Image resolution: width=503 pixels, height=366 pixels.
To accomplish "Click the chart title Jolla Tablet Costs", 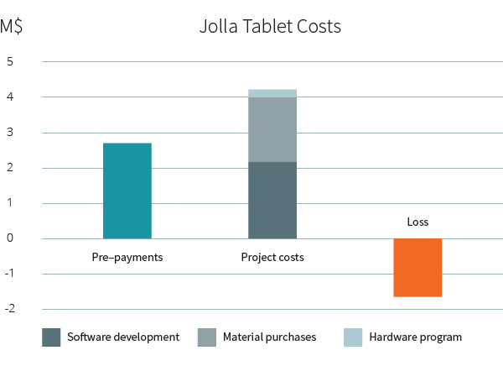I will pyautogui.click(x=270, y=26).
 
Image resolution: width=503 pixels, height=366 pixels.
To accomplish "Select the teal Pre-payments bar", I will pyautogui.click(x=127, y=191).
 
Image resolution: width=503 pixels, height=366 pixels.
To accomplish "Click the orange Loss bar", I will pyautogui.click(x=417, y=268).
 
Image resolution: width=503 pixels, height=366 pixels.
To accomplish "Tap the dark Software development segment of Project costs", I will pyautogui.click(x=272, y=200).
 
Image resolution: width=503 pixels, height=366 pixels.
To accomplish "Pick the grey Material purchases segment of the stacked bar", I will pyautogui.click(x=272, y=129).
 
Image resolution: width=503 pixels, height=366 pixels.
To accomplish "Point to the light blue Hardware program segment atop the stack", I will pyautogui.click(x=272, y=93).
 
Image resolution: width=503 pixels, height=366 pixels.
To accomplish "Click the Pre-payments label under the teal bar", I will pyautogui.click(x=127, y=258).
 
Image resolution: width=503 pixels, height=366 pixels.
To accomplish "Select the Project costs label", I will pyautogui.click(x=272, y=258).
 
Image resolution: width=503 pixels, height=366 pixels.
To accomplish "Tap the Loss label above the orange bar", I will pyautogui.click(x=417, y=222).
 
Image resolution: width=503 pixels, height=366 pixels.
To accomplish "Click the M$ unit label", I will pyautogui.click(x=12, y=26).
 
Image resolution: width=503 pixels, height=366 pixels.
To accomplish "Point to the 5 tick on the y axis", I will pyautogui.click(x=10, y=62).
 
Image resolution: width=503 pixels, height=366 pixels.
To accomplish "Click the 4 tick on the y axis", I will pyautogui.click(x=10, y=97).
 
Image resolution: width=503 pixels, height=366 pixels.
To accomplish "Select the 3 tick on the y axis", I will pyautogui.click(x=10, y=133).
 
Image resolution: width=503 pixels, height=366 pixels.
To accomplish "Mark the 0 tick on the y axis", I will pyautogui.click(x=10, y=238).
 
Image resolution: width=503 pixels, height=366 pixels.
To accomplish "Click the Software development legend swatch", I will pyautogui.click(x=51, y=337).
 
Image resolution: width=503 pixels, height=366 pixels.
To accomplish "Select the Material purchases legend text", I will pyautogui.click(x=269, y=337).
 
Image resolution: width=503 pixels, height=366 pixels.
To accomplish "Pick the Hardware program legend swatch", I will pyautogui.click(x=353, y=337).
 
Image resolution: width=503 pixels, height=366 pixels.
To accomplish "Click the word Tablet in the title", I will pyautogui.click(x=267, y=26).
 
